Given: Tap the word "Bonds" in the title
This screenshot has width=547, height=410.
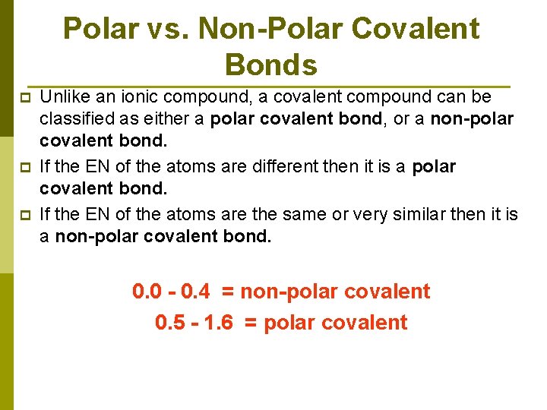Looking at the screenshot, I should click(x=271, y=65).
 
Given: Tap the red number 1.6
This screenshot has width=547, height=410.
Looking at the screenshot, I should click(x=219, y=323).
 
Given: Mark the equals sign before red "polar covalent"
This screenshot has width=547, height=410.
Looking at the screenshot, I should click(x=251, y=323).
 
